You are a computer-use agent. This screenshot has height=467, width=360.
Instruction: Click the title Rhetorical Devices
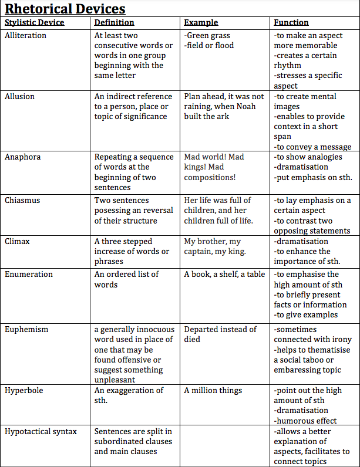click(65, 9)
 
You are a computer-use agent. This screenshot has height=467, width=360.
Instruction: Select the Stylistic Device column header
click(34, 22)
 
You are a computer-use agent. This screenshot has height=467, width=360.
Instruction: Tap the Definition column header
click(114, 22)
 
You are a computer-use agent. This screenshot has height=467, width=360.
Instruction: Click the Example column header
click(201, 22)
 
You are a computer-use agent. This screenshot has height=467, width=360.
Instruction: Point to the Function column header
click(291, 22)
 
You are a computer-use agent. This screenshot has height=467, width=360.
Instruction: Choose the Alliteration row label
click(25, 35)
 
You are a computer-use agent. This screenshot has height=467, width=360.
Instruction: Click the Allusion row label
click(19, 96)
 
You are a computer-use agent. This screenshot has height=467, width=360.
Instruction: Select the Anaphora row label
click(22, 157)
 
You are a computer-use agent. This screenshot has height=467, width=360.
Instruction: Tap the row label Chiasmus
click(22, 200)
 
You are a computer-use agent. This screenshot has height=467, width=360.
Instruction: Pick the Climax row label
click(18, 241)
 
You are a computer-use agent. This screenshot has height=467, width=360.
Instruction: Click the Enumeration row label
click(28, 274)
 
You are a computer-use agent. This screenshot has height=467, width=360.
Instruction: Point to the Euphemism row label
click(26, 329)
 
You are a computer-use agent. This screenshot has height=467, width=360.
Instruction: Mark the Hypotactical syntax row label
click(41, 431)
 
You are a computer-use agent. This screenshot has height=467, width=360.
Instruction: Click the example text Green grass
click(208, 35)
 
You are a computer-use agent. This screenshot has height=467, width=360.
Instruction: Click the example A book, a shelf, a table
click(224, 274)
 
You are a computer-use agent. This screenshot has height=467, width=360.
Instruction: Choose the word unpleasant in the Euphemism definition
click(115, 380)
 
